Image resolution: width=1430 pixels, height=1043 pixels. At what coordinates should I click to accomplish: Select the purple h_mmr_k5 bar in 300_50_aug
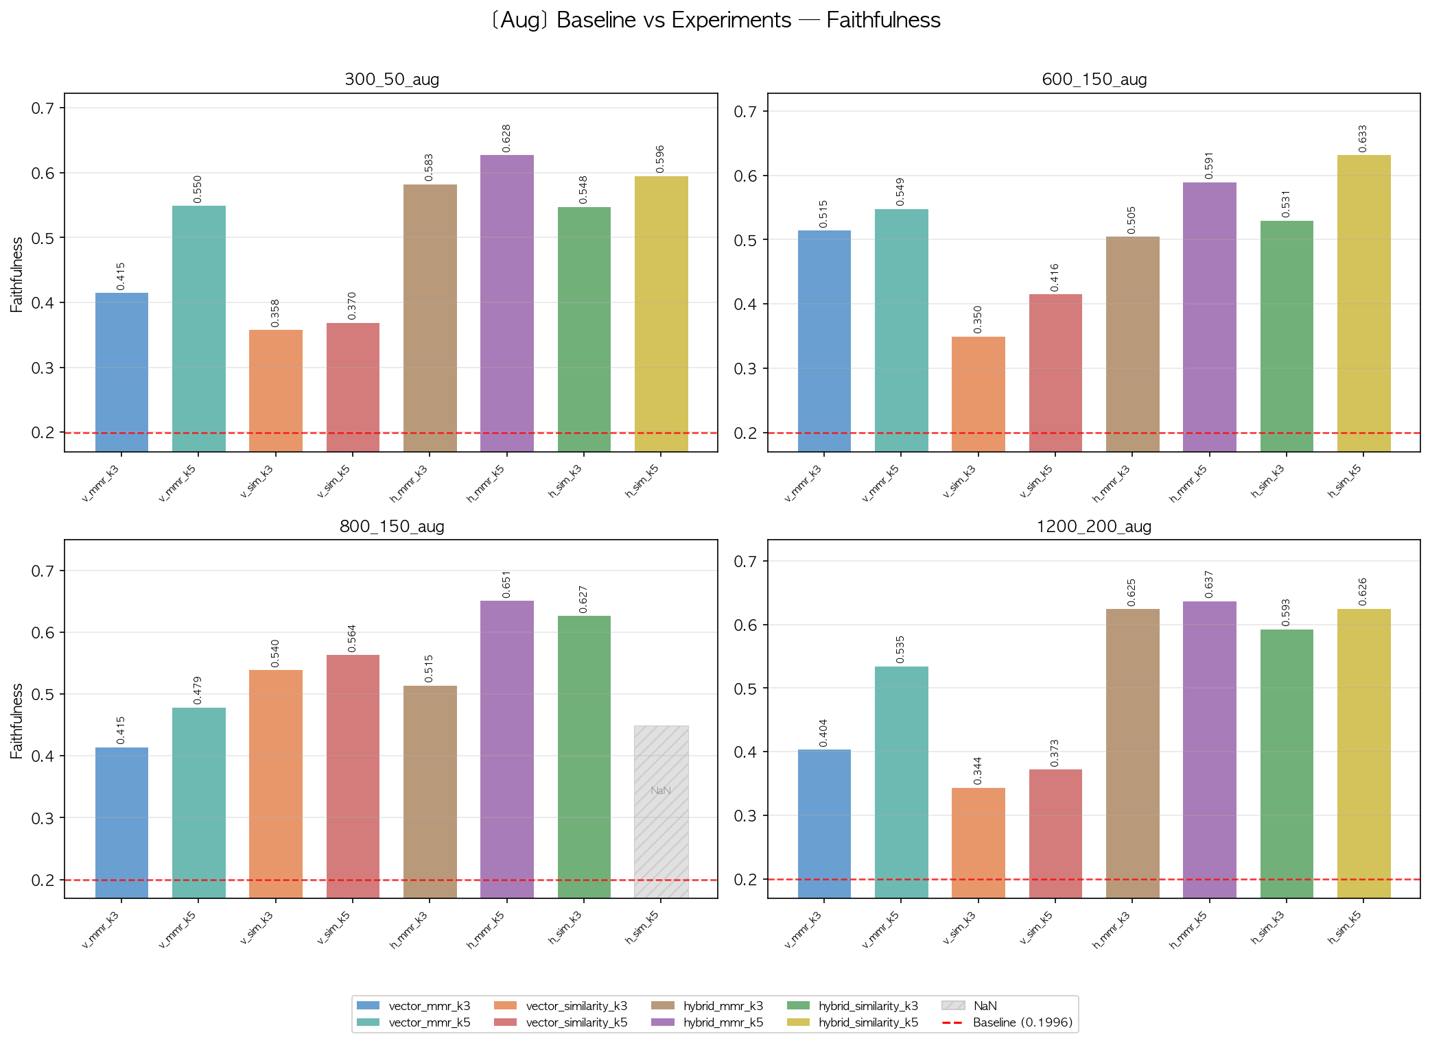click(506, 302)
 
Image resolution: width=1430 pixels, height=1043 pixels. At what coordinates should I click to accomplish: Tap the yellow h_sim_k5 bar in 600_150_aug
click(1363, 302)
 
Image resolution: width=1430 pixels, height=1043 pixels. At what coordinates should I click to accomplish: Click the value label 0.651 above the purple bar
click(506, 584)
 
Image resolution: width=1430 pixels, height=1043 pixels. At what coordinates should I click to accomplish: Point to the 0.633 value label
click(1363, 139)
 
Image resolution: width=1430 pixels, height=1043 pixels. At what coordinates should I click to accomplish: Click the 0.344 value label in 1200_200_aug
click(978, 771)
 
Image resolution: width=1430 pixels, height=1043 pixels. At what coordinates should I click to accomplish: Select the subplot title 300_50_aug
click(391, 79)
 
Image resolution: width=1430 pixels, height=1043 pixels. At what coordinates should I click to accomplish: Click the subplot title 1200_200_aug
click(1093, 526)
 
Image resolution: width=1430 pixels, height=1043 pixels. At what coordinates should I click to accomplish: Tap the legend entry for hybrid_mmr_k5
click(723, 1022)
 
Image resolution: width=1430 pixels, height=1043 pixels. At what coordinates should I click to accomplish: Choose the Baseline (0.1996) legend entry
click(1022, 1022)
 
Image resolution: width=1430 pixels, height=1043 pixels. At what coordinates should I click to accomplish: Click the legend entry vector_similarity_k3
click(576, 1006)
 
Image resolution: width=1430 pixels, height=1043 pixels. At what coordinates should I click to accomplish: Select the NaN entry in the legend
click(984, 1006)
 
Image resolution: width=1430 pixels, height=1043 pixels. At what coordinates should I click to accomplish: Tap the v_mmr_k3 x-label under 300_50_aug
click(101, 483)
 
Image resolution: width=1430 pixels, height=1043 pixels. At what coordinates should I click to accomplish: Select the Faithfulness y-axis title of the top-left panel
click(17, 274)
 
